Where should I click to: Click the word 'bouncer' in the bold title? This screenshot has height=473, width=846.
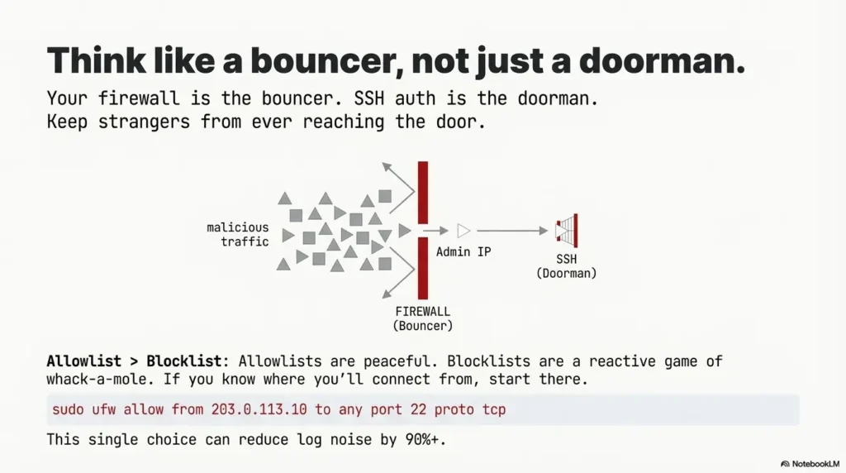click(306, 61)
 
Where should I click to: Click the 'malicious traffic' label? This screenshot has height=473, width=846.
click(238, 234)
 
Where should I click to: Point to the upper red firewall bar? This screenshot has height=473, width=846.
click(423, 191)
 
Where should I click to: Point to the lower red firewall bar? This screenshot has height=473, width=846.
click(423, 268)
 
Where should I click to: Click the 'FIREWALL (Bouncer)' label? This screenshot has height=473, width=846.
click(423, 318)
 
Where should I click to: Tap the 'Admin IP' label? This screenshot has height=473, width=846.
click(463, 251)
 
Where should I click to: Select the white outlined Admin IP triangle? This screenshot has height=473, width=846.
click(463, 231)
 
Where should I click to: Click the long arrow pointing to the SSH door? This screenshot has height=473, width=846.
click(512, 231)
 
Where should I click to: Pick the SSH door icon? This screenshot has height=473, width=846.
click(567, 231)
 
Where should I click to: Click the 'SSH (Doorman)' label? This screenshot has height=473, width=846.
click(566, 266)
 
